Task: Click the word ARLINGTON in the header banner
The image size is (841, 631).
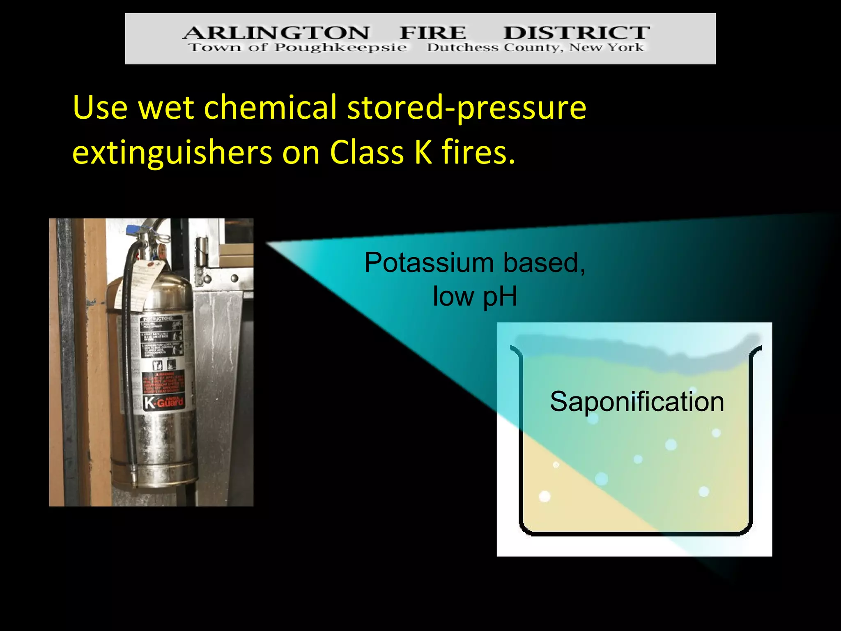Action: click(x=276, y=32)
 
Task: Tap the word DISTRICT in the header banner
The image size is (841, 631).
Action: click(x=577, y=32)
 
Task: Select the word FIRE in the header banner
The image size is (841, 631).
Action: click(x=433, y=32)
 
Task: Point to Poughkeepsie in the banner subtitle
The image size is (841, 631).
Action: click(x=340, y=48)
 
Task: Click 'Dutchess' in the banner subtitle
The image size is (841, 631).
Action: click(x=462, y=48)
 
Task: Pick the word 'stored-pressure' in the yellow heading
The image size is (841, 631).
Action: click(x=466, y=108)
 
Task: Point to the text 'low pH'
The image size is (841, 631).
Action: click(x=475, y=297)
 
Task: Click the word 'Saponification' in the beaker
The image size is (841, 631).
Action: click(x=637, y=402)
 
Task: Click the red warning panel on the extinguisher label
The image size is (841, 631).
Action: click(x=163, y=383)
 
